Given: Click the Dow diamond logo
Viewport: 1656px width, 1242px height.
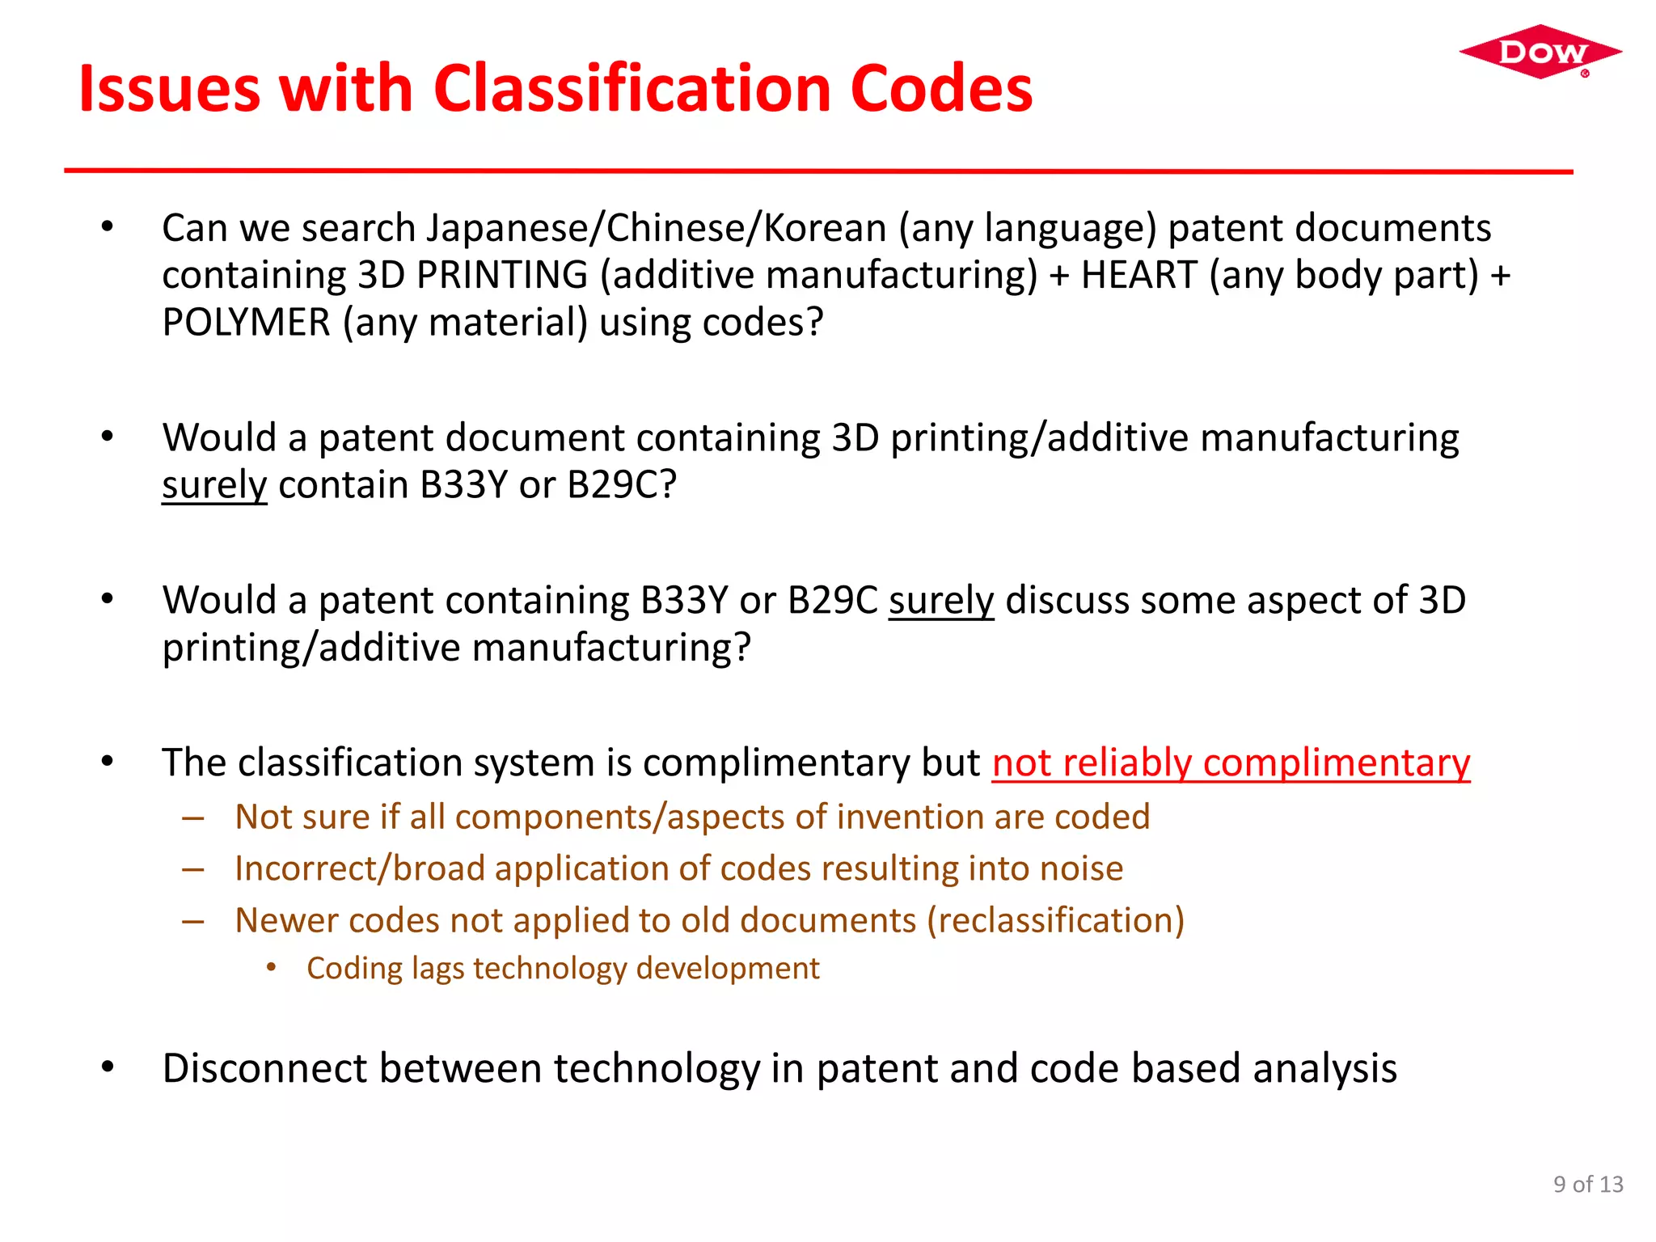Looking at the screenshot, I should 1540,52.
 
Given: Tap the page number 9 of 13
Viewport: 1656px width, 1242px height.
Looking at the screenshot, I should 1587,1184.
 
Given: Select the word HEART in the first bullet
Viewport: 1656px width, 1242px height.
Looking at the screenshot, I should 1138,275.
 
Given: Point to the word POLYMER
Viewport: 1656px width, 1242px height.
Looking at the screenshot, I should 246,323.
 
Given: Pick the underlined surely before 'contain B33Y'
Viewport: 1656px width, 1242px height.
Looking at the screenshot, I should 213,485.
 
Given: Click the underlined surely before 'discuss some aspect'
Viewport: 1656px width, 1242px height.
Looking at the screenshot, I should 940,601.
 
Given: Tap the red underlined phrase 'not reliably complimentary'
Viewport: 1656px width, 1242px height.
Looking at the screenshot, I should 1231,763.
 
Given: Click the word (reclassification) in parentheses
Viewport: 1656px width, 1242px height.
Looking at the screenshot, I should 1055,920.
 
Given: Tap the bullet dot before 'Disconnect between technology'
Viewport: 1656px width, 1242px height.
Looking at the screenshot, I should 108,1067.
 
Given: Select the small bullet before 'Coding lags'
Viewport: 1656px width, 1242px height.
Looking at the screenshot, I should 272,968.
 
